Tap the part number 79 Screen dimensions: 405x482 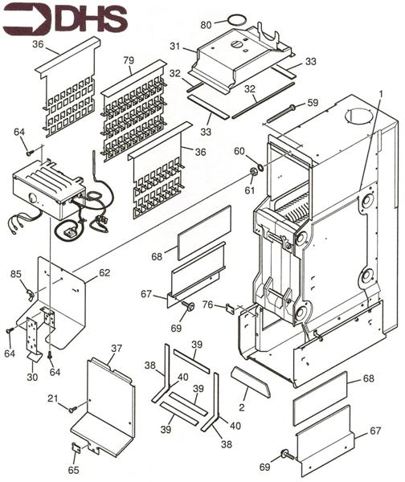click(129, 60)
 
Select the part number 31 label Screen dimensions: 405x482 click(174, 47)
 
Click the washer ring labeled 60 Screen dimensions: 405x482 click(260, 167)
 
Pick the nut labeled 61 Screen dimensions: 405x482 click(253, 172)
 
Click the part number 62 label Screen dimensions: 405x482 click(104, 272)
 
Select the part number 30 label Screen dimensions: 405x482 click(32, 377)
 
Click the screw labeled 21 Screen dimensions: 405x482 click(73, 409)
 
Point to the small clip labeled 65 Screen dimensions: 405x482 click(76, 447)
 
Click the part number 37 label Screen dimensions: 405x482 click(117, 349)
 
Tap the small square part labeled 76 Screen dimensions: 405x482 click(230, 308)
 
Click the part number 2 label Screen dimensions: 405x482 click(242, 407)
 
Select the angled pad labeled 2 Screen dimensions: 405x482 click(251, 381)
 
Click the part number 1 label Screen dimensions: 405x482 click(381, 96)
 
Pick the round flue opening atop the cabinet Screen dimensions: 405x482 click(359, 116)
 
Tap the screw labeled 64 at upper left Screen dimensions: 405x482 click(31, 152)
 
